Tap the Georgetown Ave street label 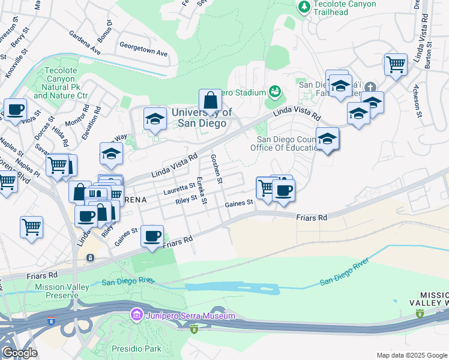143,49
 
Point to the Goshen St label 216,169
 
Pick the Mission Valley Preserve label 58,291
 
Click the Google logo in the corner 19,353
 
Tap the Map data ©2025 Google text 411,355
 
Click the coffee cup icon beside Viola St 15,110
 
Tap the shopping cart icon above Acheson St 396,64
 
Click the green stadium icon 275,92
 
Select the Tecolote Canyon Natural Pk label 61,83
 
